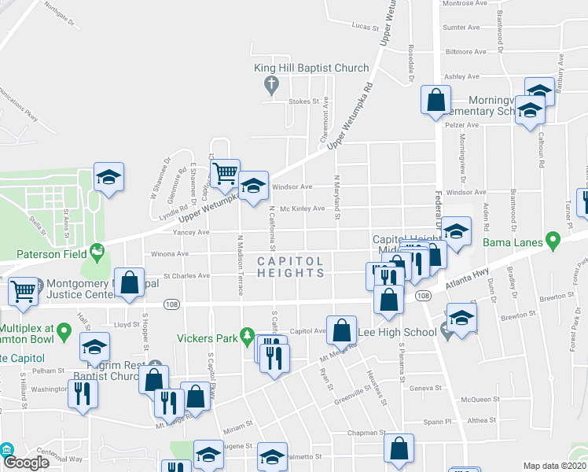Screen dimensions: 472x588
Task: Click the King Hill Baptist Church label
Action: click(311, 68)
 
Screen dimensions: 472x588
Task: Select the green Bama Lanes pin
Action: click(552, 238)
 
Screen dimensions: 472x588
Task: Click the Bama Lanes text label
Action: click(513, 242)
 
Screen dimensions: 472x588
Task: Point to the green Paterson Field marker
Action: click(97, 253)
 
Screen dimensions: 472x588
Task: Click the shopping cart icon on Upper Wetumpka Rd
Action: click(226, 172)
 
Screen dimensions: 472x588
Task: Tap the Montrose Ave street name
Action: click(462, 4)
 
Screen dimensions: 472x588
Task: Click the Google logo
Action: click(26, 463)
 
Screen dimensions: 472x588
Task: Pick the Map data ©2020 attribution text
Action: click(556, 466)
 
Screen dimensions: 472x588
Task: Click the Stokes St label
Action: click(307, 101)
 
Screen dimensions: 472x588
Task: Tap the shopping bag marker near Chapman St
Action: click(399, 448)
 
